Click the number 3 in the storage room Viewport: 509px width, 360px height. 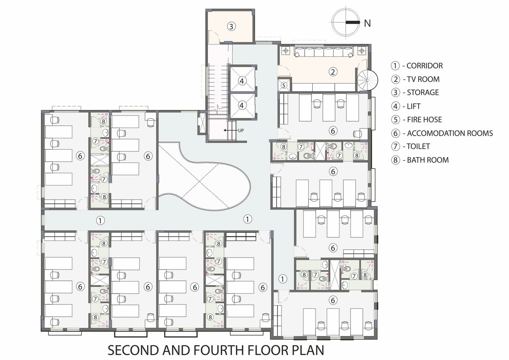tap(231, 26)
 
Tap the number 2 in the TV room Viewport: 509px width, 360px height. tap(333, 72)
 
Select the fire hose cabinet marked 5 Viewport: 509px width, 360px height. tap(284, 85)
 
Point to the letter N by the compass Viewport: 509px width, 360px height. tap(367, 23)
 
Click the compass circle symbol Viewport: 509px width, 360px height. tap(345, 22)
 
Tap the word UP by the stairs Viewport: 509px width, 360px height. tap(241, 130)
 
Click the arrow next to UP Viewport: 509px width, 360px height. tap(230, 130)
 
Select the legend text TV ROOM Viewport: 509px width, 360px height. tap(423, 79)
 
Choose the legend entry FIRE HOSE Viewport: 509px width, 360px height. tap(425, 120)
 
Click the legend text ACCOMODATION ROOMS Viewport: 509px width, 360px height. tap(450, 133)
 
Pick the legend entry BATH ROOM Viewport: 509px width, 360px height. tap(428, 160)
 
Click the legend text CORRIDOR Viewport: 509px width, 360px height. tap(425, 66)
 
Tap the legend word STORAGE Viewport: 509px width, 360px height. tap(423, 92)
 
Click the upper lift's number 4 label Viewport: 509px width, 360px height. tap(242, 81)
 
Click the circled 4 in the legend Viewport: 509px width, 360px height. tap(395, 106)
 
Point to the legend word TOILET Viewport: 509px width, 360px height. tap(418, 146)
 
